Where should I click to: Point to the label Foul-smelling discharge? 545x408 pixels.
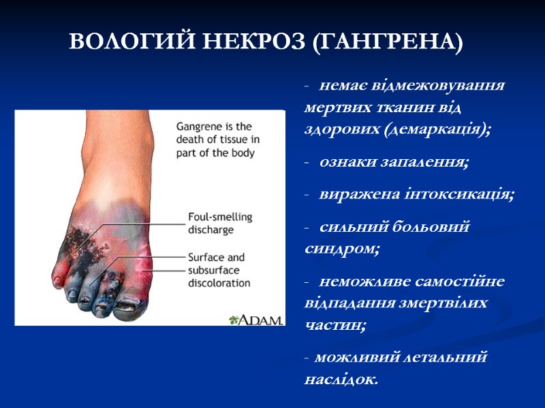tap(219, 223)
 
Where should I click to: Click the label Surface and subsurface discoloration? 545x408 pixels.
tap(219, 270)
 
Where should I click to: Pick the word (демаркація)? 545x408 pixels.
tap(437, 130)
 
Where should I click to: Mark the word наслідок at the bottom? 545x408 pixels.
tap(339, 379)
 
